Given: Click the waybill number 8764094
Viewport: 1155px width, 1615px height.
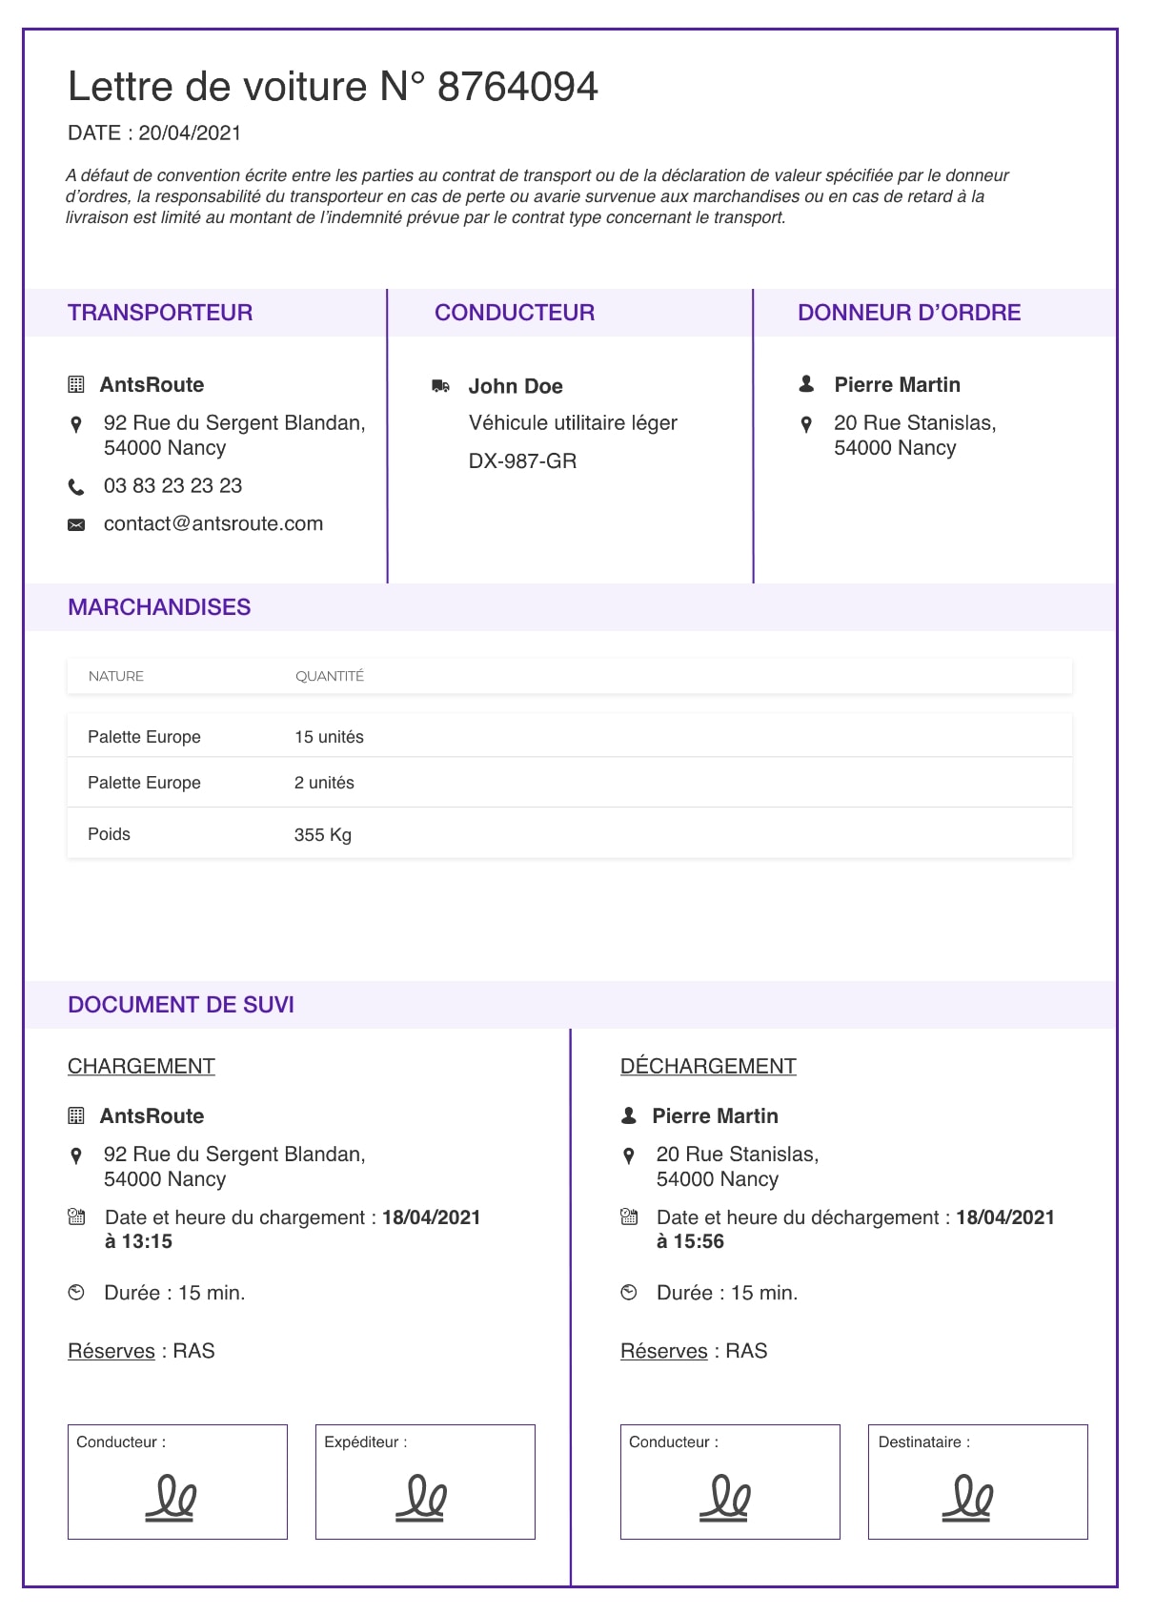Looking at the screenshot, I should (517, 87).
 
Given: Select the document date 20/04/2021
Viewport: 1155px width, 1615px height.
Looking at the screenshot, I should (190, 133).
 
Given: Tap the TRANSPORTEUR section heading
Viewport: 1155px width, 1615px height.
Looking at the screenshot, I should (160, 313).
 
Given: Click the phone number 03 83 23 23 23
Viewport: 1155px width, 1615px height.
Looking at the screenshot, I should (172, 486).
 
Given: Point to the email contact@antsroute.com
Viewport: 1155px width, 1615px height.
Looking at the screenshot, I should (213, 524).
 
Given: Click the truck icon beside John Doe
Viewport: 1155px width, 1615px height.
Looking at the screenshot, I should (440, 386).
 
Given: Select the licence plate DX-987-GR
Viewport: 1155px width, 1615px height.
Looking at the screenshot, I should (522, 461).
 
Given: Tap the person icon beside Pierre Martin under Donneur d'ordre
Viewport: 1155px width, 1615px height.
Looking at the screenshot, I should (806, 384).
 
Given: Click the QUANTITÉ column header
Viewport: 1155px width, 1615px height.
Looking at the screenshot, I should (330, 677).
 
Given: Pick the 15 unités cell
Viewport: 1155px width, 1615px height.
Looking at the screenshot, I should (329, 737).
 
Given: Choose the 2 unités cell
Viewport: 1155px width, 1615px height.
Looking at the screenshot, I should (324, 783).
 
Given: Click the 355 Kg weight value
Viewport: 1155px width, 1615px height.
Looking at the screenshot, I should (323, 835).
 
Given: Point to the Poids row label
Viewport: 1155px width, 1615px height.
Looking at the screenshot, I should (109, 834).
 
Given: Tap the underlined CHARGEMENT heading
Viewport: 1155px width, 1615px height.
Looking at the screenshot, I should (141, 1066).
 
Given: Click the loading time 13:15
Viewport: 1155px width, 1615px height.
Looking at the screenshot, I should (147, 1241).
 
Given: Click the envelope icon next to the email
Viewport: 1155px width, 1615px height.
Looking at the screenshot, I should (76, 525).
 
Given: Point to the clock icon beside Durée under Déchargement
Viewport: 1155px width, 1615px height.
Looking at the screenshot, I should (629, 1293).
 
